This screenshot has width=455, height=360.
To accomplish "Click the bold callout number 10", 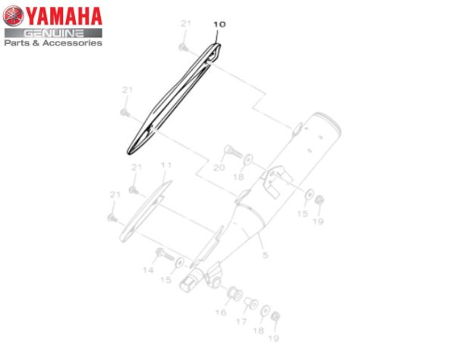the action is [219, 24].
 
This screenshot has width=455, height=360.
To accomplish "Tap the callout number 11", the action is [166, 165].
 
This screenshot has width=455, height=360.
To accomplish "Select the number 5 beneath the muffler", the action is [265, 255].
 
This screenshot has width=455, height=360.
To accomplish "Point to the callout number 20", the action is [219, 167].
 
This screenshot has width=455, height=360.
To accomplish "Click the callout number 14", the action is [148, 271].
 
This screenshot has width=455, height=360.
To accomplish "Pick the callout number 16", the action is [221, 312].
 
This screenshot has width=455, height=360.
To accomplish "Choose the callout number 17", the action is [241, 321].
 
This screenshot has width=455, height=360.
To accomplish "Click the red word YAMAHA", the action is [64, 17].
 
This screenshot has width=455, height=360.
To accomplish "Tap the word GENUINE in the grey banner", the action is [53, 33].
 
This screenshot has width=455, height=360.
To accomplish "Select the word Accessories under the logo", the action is [72, 43].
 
